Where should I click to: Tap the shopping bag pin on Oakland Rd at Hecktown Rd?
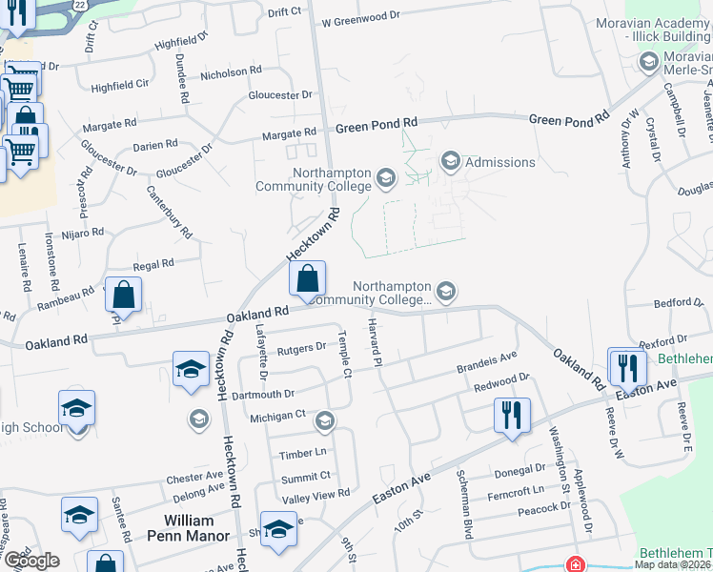tap(307, 279)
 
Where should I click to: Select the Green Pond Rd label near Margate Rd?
tap(376, 124)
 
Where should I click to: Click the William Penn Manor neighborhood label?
tap(196, 528)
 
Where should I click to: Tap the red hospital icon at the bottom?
tap(575, 564)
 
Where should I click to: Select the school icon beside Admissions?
tap(451, 160)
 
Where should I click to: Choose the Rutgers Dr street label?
tap(302, 350)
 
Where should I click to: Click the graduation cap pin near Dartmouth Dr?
tap(191, 368)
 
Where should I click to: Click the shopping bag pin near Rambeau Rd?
tap(124, 294)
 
